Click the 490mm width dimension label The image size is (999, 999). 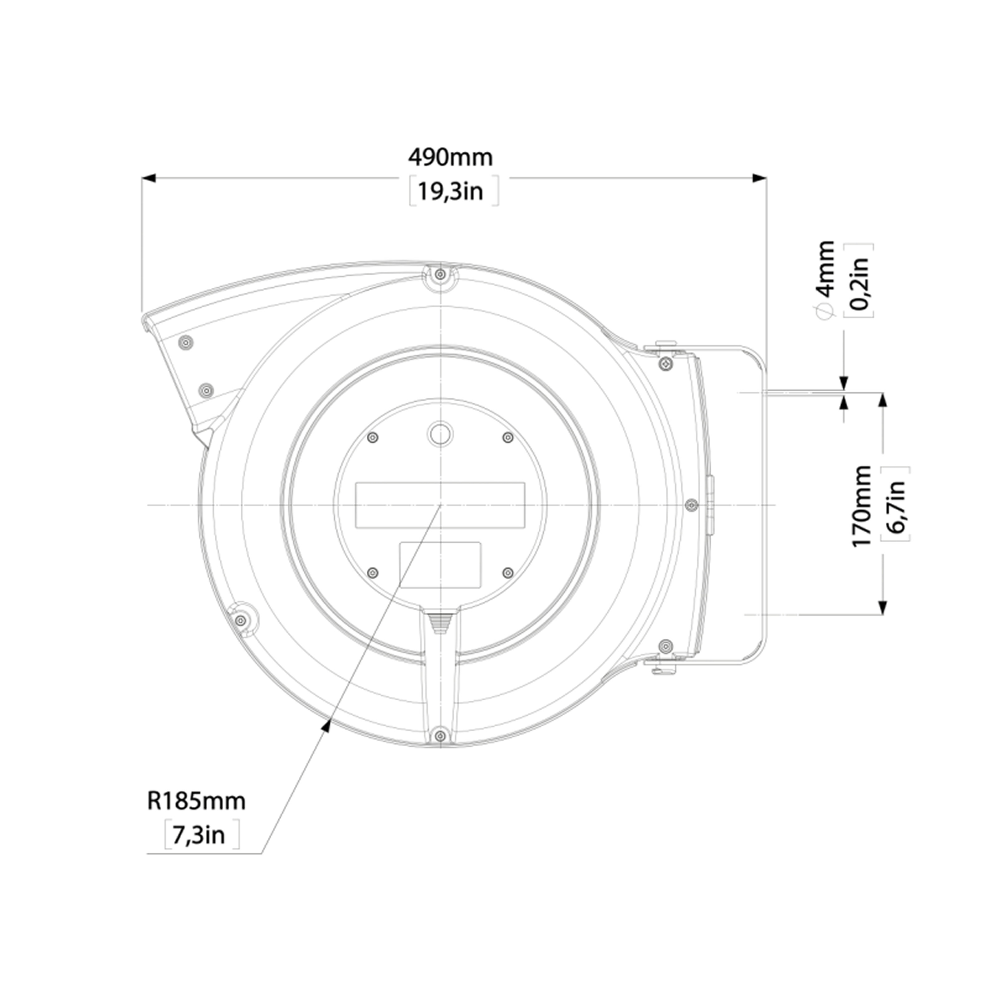tap(450, 158)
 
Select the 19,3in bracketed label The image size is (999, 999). tap(450, 191)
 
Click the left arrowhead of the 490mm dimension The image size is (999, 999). tap(149, 178)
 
